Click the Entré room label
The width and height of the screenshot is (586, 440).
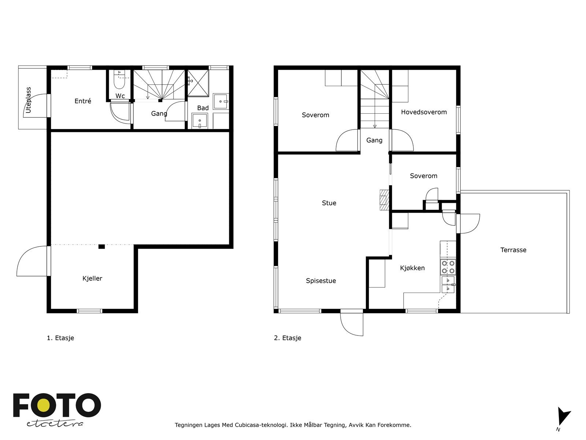(83, 101)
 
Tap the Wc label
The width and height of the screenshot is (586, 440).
(120, 96)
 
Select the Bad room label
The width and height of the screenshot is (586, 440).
(203, 108)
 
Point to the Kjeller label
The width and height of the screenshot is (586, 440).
(92, 278)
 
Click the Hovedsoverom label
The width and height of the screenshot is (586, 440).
(424, 112)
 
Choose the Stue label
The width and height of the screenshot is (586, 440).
(329, 203)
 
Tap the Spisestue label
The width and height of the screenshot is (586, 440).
(321, 281)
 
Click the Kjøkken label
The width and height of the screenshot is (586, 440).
(412, 268)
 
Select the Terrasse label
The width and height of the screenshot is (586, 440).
(513, 250)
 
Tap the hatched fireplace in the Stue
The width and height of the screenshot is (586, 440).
(384, 200)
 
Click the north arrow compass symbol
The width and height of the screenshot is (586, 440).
(563, 418)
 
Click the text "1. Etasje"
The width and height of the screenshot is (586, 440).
(60, 338)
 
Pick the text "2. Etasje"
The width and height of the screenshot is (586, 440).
(288, 338)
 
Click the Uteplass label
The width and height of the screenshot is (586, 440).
(28, 100)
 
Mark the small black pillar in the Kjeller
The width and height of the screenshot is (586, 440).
(101, 246)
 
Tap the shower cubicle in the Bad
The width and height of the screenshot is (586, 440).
(198, 83)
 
